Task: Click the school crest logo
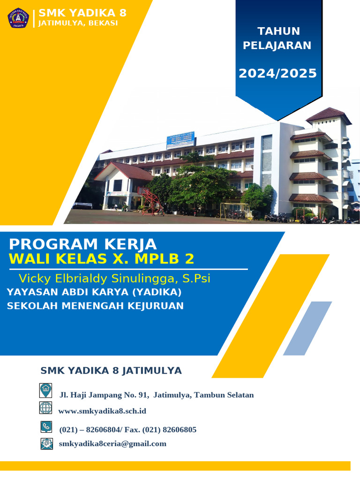click(18, 18)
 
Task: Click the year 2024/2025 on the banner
click(277, 74)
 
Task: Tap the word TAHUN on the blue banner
click(278, 31)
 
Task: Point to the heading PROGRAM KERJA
click(83, 244)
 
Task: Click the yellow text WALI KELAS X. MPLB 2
click(101, 259)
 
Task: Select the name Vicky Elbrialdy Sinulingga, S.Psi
click(114, 278)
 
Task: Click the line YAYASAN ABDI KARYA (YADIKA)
click(94, 292)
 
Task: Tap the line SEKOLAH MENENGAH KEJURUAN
click(95, 306)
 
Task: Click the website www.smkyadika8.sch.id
click(102, 411)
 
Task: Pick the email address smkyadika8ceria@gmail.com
click(112, 443)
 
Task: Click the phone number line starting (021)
click(127, 429)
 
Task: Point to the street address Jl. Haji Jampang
click(156, 395)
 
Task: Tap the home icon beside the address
click(45, 390)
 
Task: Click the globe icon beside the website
click(45, 407)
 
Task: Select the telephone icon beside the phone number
click(46, 427)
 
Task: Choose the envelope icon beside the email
click(46, 443)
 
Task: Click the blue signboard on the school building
click(181, 139)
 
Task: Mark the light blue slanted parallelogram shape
click(307, 328)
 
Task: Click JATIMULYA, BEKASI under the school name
click(78, 23)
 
